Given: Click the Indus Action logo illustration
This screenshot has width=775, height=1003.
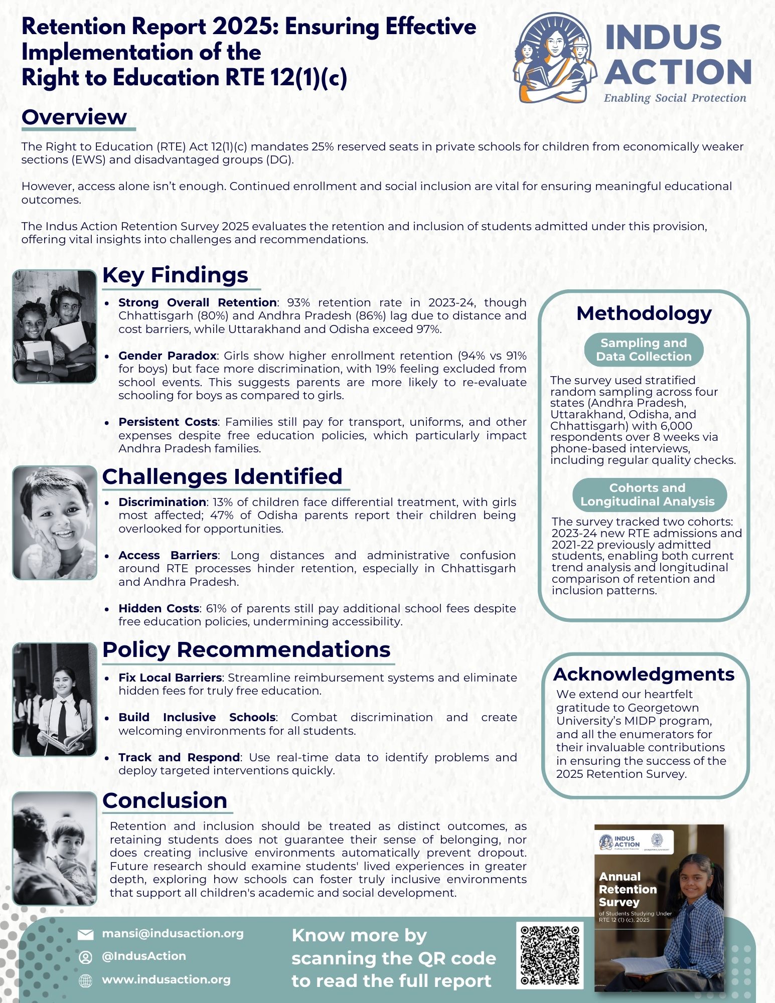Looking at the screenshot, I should (556, 58).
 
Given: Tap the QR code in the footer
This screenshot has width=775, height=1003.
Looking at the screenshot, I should (550, 955).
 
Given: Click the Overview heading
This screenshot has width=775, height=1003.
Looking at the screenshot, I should (74, 117).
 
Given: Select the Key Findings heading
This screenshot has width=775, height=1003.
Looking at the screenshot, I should (175, 275).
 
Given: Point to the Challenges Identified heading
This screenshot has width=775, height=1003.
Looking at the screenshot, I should (222, 476).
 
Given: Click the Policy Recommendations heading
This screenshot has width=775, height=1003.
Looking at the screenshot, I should (246, 649).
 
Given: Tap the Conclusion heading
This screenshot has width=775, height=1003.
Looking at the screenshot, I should (165, 800).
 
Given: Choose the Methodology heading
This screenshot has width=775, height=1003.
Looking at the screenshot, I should (644, 313).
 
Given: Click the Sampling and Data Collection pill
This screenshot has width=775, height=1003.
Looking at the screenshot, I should (644, 350).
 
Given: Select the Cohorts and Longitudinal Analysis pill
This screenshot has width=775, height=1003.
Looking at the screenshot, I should (647, 494).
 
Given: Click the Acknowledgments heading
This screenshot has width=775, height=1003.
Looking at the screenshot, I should (644, 674).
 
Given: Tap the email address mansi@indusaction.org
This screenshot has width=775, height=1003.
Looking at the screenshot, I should (173, 933).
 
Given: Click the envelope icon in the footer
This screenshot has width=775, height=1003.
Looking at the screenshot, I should (86, 934).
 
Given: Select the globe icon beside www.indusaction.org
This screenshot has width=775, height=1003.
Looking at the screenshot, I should (86, 981).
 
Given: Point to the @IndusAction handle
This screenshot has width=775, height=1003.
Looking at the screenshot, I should (144, 956).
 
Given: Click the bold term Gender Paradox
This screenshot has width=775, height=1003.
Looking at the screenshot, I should (167, 356).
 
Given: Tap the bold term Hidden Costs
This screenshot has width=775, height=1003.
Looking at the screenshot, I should (159, 608).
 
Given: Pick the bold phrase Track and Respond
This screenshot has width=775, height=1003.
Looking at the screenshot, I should (179, 757).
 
